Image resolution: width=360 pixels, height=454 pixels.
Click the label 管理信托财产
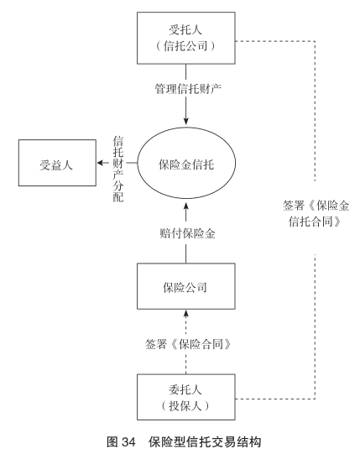[188, 88]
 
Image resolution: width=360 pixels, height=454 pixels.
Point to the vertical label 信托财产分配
[118, 169]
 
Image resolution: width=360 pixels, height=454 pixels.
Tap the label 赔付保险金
[188, 233]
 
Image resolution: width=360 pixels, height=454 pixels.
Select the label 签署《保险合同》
[188, 344]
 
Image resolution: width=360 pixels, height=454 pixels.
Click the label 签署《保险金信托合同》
[316, 214]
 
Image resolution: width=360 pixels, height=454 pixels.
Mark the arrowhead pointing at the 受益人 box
[100, 163]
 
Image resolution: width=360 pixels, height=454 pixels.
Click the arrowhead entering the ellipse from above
[186, 122]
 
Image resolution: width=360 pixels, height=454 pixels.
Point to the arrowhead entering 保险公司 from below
[186, 314]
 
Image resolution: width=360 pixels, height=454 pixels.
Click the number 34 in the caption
[128, 442]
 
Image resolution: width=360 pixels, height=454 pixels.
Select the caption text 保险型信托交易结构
[205, 442]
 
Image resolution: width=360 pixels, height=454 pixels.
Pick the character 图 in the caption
[112, 442]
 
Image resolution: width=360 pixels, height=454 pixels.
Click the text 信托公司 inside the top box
[185, 46]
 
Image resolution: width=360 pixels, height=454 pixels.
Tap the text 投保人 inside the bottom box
[185, 405]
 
